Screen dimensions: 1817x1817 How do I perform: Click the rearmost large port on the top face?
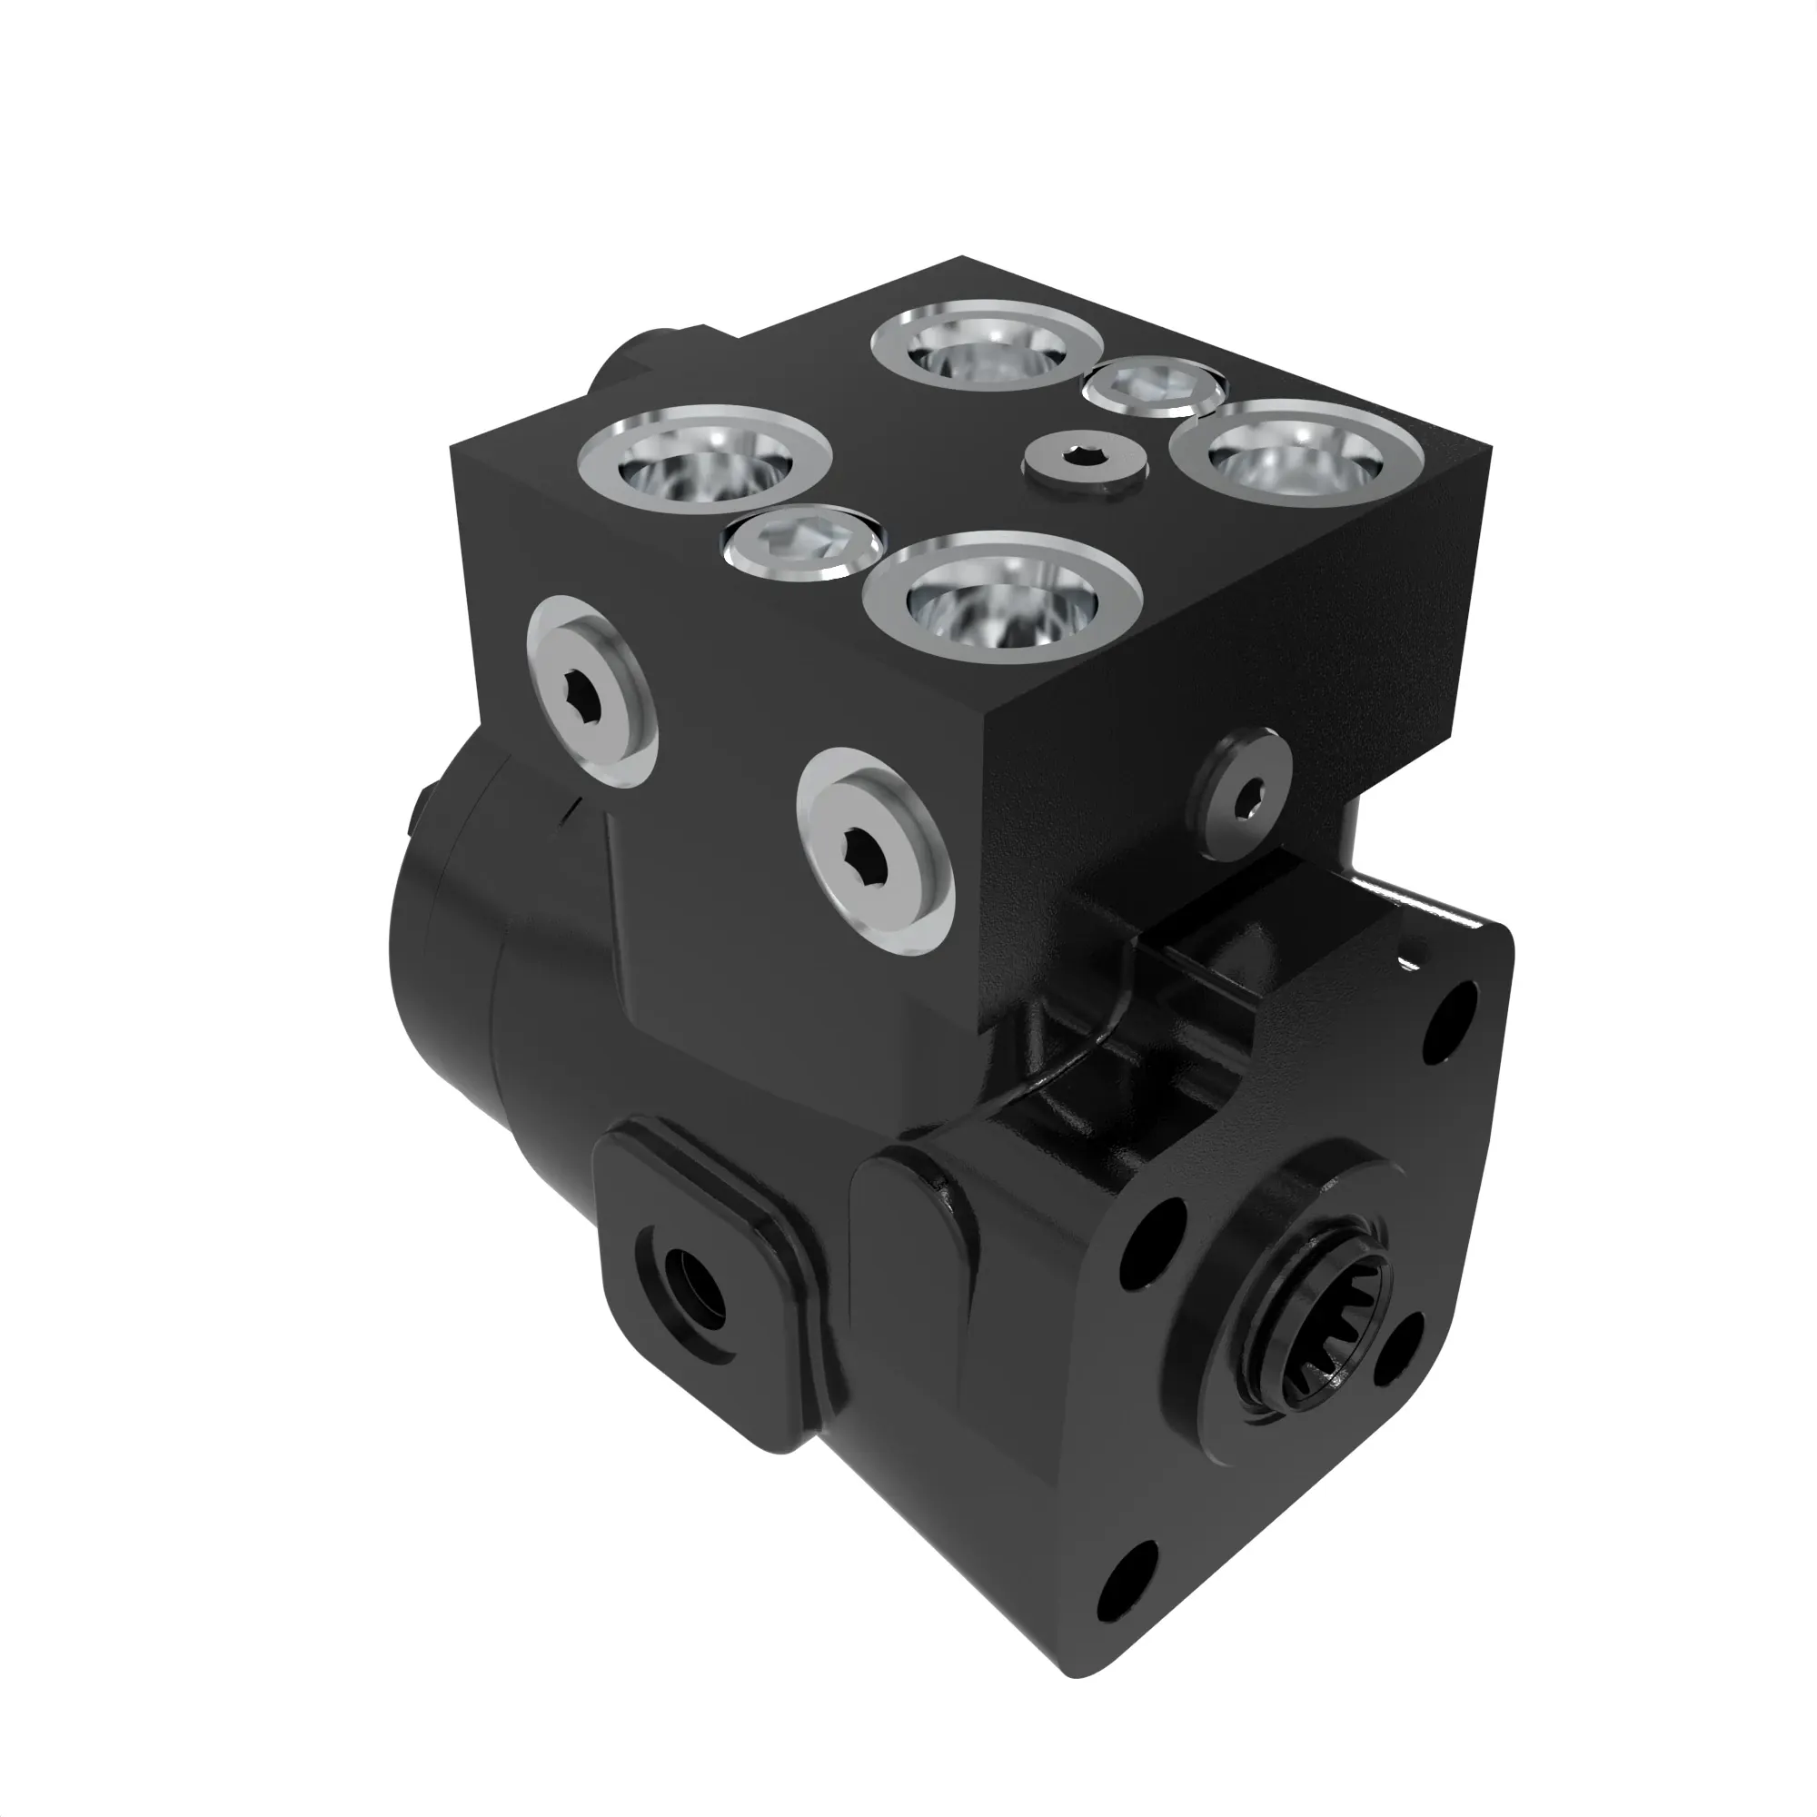986,346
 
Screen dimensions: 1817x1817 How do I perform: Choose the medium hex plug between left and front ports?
804,543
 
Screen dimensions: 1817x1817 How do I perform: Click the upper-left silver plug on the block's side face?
591,691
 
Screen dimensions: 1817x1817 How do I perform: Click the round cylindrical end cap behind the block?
442,950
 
